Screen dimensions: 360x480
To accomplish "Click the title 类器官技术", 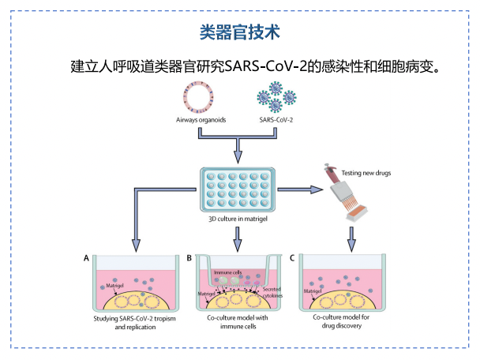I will (239, 33).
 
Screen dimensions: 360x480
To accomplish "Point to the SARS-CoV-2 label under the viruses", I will (277, 121).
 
